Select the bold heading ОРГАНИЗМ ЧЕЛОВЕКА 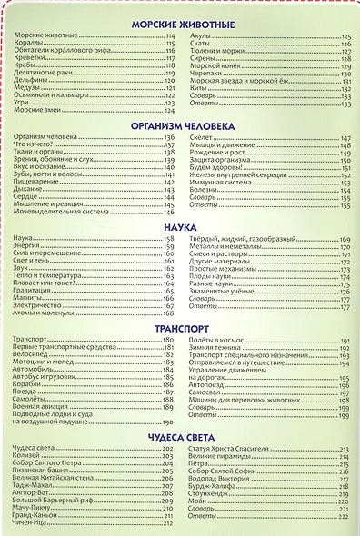[x=182, y=125]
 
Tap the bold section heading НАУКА [x=182, y=227]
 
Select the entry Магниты [x=28, y=299]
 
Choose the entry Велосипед [x=31, y=355]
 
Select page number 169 [x=345, y=238]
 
